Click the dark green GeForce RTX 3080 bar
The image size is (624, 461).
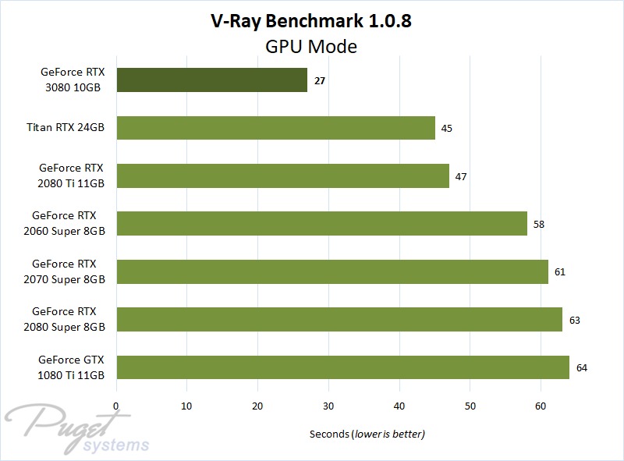click(x=211, y=80)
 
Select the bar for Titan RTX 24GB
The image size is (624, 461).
click(x=275, y=128)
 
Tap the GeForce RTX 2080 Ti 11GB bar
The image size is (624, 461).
click(x=282, y=176)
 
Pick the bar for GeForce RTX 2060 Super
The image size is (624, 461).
click(x=321, y=224)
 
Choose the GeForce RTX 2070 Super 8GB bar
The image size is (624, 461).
click(x=331, y=271)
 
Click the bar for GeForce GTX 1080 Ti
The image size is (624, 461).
click(x=342, y=367)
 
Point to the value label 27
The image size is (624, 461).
click(x=320, y=80)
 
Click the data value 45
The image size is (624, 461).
click(x=447, y=128)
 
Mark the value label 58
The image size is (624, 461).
click(x=539, y=224)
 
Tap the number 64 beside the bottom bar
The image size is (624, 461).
click(x=581, y=367)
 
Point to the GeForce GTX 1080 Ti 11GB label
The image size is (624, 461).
click(x=71, y=367)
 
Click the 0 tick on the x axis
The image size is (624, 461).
click(x=116, y=406)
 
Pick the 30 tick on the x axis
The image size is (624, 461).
click(x=328, y=406)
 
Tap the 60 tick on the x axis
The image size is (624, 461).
click(x=541, y=406)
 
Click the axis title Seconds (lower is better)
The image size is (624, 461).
click(x=367, y=434)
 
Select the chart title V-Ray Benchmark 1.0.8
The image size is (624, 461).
click(x=312, y=21)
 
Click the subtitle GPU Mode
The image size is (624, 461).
click(x=312, y=46)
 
